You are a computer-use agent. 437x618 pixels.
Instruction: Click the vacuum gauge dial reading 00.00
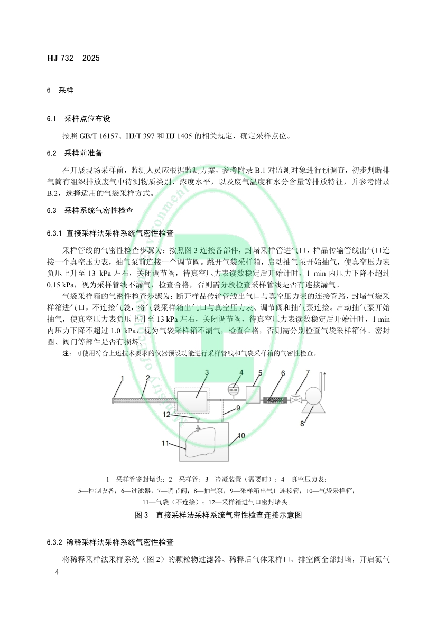coord(233,390)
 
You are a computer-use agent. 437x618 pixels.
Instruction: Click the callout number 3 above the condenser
coord(207,372)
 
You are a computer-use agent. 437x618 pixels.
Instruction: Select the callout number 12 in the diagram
coord(166,415)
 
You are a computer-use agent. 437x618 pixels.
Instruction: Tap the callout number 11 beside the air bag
coord(165,443)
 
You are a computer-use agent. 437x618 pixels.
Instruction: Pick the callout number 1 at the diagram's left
coord(122,378)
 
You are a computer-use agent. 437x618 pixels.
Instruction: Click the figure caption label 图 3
coord(142,514)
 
